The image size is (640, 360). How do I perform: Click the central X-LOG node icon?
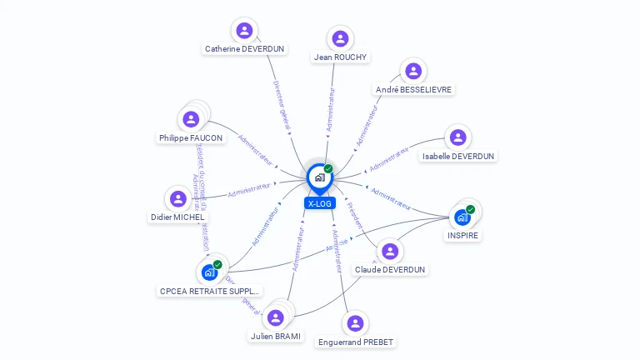(x=319, y=177)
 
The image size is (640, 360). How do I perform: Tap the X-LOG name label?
(x=319, y=203)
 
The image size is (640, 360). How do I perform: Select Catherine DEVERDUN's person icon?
(x=244, y=31)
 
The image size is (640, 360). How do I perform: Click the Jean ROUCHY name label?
(x=340, y=57)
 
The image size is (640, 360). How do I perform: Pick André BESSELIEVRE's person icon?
(x=412, y=71)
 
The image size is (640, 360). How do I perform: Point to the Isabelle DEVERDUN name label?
(x=458, y=156)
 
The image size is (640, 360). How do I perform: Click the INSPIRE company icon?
(x=462, y=217)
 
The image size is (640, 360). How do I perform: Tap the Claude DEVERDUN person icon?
(x=390, y=251)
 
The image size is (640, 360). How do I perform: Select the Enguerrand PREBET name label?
(x=356, y=342)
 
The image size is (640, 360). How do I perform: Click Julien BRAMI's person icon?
(x=276, y=317)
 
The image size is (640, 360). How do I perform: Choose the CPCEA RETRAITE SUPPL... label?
(x=210, y=291)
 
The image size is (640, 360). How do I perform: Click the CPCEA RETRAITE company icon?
(x=209, y=272)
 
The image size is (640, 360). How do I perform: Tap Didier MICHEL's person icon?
(x=177, y=198)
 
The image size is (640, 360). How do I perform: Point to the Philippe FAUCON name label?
(x=191, y=137)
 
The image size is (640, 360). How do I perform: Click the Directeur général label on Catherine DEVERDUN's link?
(x=282, y=103)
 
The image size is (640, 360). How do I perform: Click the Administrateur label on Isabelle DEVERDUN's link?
(x=390, y=158)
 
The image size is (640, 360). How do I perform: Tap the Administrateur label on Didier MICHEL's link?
(x=249, y=190)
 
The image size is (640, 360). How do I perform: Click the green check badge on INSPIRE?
(x=471, y=209)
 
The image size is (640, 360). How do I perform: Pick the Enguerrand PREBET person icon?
(x=356, y=322)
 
